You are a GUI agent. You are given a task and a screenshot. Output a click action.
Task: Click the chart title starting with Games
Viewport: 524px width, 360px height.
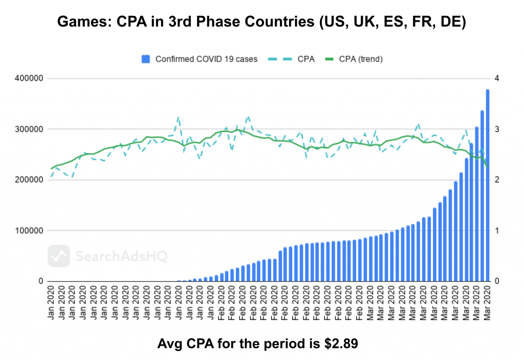pyautogui.click(x=261, y=23)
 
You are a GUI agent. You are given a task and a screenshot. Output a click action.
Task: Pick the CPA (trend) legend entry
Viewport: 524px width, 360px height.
pyautogui.click(x=360, y=59)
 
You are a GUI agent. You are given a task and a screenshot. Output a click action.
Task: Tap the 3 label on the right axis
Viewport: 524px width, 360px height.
pyautogui.click(x=496, y=129)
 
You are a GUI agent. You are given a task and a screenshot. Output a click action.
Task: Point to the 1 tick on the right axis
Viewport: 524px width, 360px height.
pyautogui.click(x=496, y=230)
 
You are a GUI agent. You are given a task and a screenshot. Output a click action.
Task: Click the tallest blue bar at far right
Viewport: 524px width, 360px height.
pyautogui.click(x=488, y=184)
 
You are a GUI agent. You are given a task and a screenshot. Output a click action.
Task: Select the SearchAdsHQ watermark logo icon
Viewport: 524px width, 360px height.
pyautogui.click(x=59, y=256)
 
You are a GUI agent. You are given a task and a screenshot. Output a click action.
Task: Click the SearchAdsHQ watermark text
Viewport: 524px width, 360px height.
pyautogui.click(x=121, y=256)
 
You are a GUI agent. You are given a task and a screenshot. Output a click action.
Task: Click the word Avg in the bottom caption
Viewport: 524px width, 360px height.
pyautogui.click(x=169, y=344)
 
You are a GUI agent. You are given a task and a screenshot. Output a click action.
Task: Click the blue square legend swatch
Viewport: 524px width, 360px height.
pyautogui.click(x=146, y=59)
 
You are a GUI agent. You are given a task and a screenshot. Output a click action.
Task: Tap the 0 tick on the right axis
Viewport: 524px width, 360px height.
pyautogui.click(x=496, y=281)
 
